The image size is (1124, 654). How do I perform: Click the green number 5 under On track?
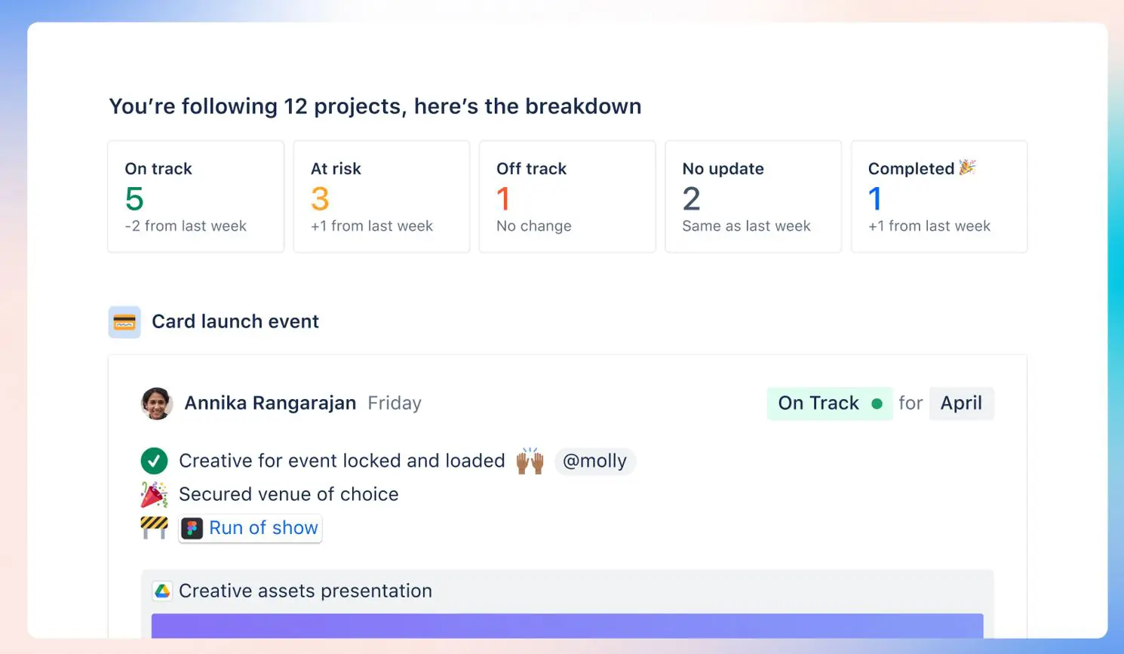point(134,198)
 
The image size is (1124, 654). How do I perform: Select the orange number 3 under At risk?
point(320,198)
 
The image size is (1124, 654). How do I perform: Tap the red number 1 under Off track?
point(503,198)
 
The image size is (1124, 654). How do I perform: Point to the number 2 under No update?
point(692,198)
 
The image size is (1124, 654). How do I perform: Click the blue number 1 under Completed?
point(875,198)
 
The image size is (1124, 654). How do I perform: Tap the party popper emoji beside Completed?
point(967,167)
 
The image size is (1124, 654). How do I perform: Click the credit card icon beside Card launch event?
point(124,322)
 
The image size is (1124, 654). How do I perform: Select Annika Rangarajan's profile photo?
point(157,404)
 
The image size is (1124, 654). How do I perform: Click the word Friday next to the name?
point(395,403)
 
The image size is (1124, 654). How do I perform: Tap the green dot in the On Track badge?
point(877,404)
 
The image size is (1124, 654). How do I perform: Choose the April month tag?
point(961,403)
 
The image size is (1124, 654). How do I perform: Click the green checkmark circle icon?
point(154,461)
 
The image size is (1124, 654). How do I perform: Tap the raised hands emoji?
point(530,460)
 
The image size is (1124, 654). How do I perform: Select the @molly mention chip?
point(595,461)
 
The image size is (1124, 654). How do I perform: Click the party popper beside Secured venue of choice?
point(154,494)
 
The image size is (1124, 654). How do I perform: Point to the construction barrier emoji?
point(154,527)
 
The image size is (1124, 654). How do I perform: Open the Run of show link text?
point(263,527)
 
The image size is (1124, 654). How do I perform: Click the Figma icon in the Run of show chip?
point(192,528)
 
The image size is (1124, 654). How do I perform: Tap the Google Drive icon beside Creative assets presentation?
point(162,591)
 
